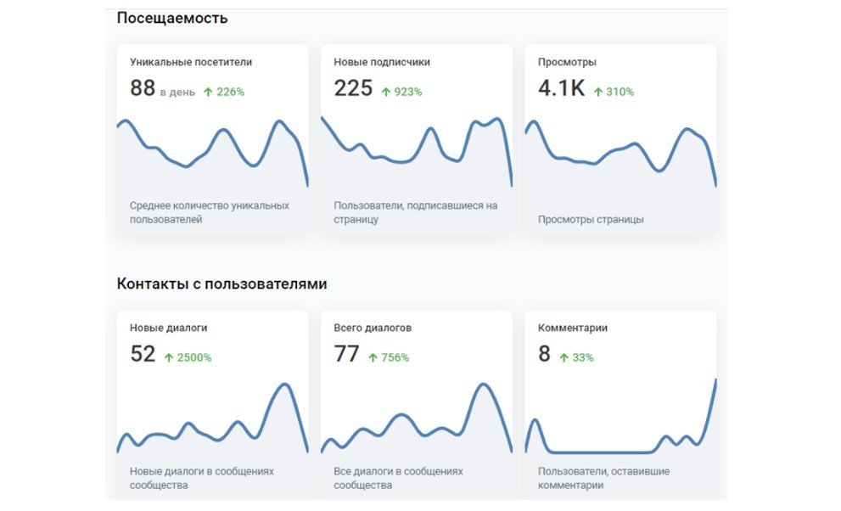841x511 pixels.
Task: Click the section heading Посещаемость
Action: pyautogui.click(x=171, y=18)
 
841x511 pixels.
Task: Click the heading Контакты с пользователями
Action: pyautogui.click(x=221, y=284)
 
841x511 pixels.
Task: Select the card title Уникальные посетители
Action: pyautogui.click(x=191, y=62)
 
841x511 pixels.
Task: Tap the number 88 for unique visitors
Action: pyautogui.click(x=143, y=88)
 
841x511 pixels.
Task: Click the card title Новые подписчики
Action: pyautogui.click(x=381, y=62)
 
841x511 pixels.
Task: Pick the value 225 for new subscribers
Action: pyautogui.click(x=353, y=88)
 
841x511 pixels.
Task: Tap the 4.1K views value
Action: pyautogui.click(x=561, y=88)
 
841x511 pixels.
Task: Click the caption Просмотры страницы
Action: pyautogui.click(x=591, y=219)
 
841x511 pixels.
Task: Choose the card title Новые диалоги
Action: pyautogui.click(x=168, y=328)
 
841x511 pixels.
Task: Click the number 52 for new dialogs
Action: pyautogui.click(x=143, y=354)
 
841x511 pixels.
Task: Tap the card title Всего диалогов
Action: pyautogui.click(x=373, y=328)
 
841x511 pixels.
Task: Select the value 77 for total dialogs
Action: pyautogui.click(x=346, y=354)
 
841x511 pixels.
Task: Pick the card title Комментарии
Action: pyautogui.click(x=572, y=328)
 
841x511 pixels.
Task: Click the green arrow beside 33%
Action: pyautogui.click(x=563, y=357)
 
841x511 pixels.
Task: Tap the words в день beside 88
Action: pyautogui.click(x=177, y=92)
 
